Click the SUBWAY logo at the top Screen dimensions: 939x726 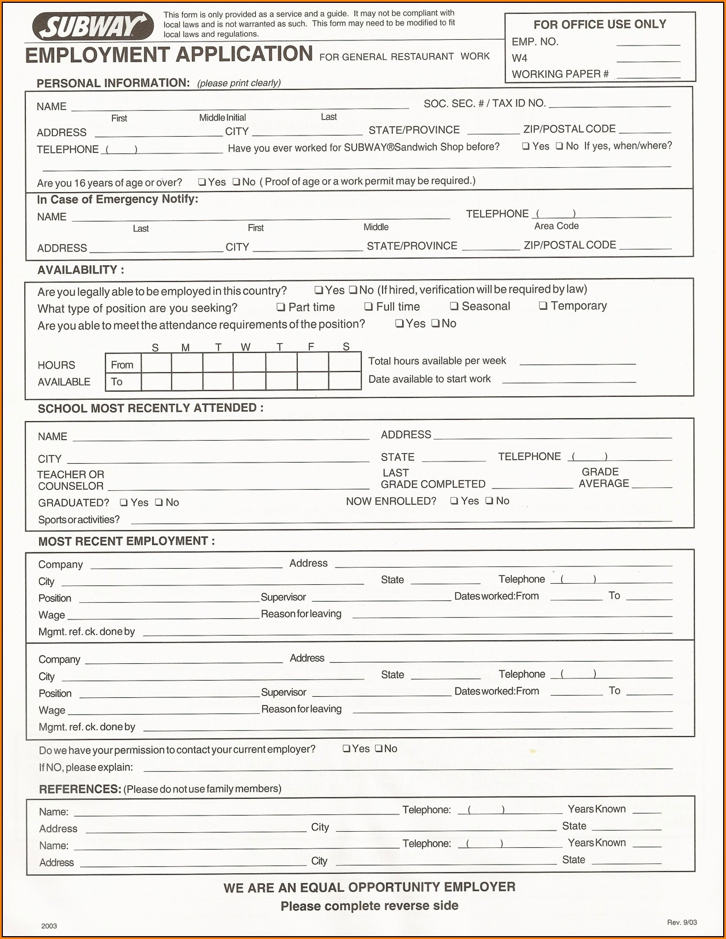tap(92, 27)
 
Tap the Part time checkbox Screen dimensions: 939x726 tap(281, 307)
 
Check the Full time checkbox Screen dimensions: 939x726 tap(368, 307)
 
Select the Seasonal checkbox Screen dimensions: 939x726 tap(454, 306)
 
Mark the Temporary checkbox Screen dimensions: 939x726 tap(543, 306)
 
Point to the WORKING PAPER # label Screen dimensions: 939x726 tap(559, 74)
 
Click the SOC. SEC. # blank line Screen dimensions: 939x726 tap(610, 105)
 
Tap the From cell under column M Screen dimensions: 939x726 tap(187, 363)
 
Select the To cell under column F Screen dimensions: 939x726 tap(313, 381)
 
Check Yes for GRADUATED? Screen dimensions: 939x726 tap(123, 503)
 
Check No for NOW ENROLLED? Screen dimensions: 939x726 tap(489, 501)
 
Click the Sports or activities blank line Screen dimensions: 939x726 tap(401, 520)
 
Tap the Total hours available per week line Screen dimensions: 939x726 tap(577, 362)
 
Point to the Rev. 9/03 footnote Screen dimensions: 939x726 tap(682, 922)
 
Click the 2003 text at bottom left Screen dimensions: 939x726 tap(49, 926)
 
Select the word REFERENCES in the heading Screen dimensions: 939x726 tap(80, 789)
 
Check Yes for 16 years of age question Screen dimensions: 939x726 tap(202, 182)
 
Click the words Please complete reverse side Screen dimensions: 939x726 tap(369, 906)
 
